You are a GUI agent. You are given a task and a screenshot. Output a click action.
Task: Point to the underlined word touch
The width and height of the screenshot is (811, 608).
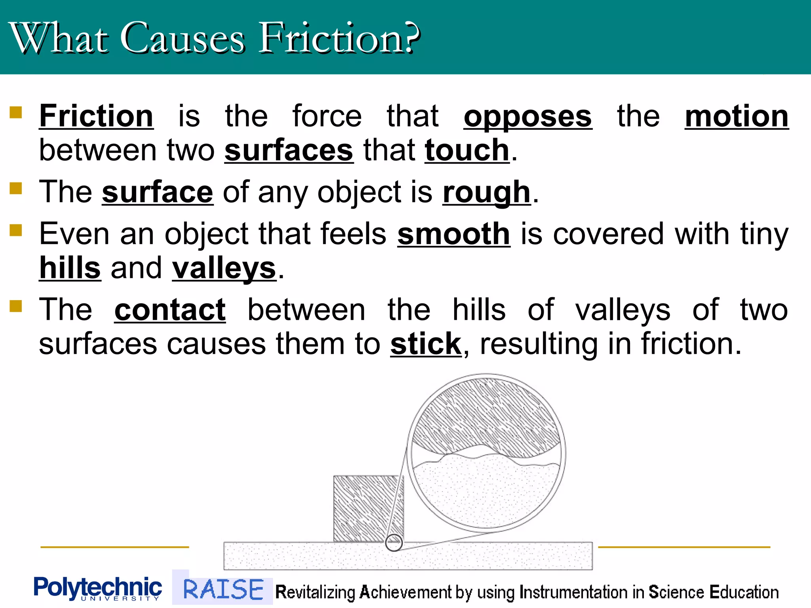click(467, 150)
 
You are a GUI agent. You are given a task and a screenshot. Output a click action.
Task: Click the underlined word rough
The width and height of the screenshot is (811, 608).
click(486, 192)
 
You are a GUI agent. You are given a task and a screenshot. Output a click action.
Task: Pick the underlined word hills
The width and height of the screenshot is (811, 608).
click(70, 268)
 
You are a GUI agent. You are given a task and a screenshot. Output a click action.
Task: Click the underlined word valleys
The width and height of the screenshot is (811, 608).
click(224, 268)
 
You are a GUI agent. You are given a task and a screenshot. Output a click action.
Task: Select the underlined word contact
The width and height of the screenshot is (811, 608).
click(170, 310)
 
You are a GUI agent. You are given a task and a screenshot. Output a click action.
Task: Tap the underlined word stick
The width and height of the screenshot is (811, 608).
click(426, 344)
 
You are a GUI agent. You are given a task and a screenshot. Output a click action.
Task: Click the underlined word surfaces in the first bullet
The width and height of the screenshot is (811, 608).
click(289, 150)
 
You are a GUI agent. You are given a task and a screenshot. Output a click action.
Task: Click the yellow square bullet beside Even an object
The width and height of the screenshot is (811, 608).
click(15, 230)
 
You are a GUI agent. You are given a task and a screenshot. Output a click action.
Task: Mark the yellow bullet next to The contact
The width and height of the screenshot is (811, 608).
click(15, 306)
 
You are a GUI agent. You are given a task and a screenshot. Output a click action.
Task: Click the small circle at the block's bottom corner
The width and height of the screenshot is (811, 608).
click(394, 542)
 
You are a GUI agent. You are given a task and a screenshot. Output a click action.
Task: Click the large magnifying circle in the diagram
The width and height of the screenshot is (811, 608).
click(486, 452)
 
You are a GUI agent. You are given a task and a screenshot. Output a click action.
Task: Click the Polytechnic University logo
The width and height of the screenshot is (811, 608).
click(97, 588)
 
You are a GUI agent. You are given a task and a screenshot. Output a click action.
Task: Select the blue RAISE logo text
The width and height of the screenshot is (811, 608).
click(223, 589)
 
